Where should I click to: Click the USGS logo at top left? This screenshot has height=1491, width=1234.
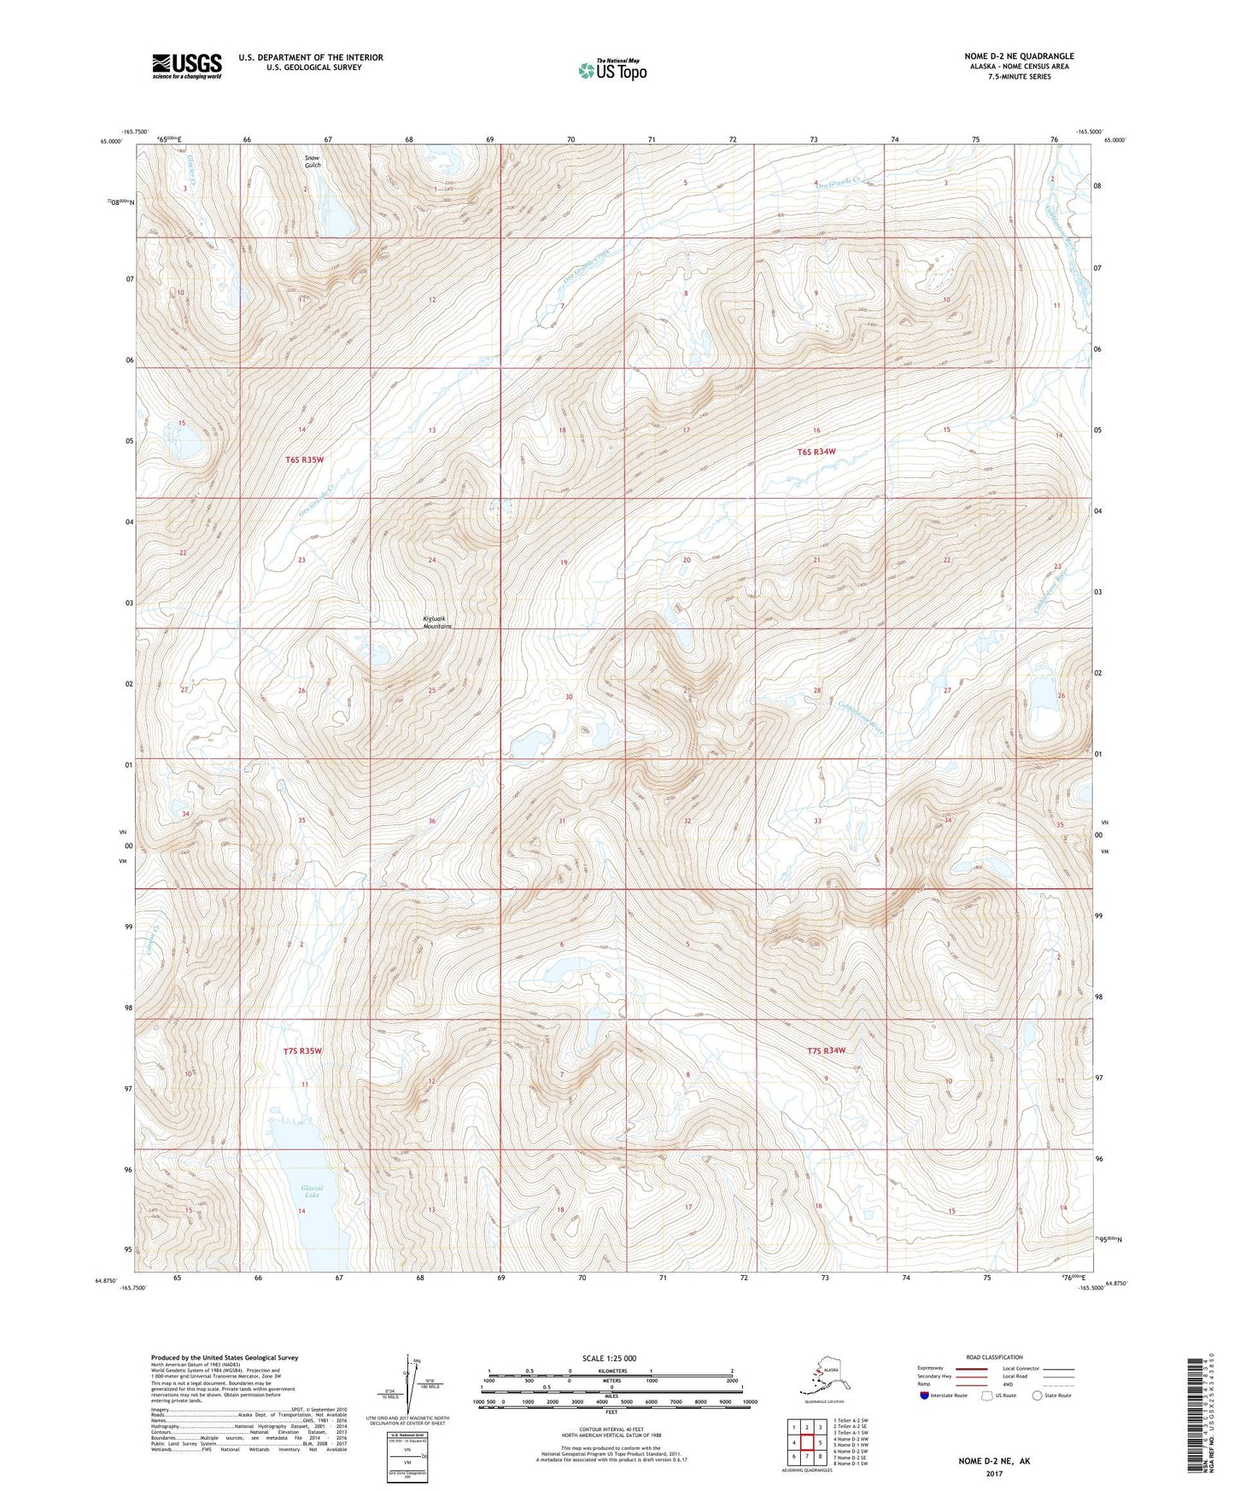186,66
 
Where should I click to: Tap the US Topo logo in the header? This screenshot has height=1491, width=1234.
611,70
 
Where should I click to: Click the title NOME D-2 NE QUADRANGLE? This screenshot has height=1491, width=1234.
1019,56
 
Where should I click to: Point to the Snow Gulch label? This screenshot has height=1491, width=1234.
313,161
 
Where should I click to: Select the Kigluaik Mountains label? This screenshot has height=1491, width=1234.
436,623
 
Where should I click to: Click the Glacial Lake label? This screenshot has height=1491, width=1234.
312,1192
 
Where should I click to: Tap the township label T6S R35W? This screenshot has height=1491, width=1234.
305,459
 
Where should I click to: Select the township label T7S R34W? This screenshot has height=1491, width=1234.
826,1050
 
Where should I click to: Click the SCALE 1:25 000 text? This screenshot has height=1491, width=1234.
609,1358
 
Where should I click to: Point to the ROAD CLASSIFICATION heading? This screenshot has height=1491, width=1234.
994,1357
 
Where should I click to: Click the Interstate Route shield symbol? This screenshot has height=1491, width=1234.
925,1395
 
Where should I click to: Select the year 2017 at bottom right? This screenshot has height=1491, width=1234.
994,1473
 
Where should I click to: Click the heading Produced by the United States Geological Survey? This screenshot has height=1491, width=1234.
225,1357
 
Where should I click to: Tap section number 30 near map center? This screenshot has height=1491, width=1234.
569,697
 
